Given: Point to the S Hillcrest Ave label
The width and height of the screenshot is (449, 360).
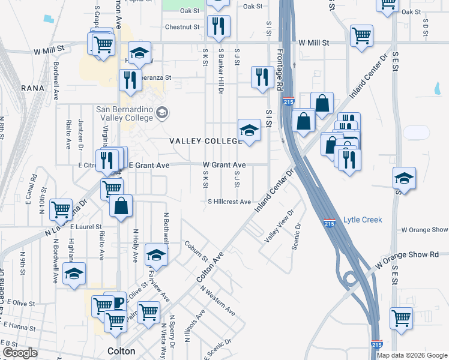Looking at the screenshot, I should coord(229,202).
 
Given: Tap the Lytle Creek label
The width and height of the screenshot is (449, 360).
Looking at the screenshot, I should coord(363,220).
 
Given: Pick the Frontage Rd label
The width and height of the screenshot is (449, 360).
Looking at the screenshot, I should coord(280,70).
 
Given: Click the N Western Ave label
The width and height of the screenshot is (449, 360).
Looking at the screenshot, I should coord(218,301).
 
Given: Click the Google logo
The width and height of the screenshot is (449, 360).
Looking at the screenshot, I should coord(20,353).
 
